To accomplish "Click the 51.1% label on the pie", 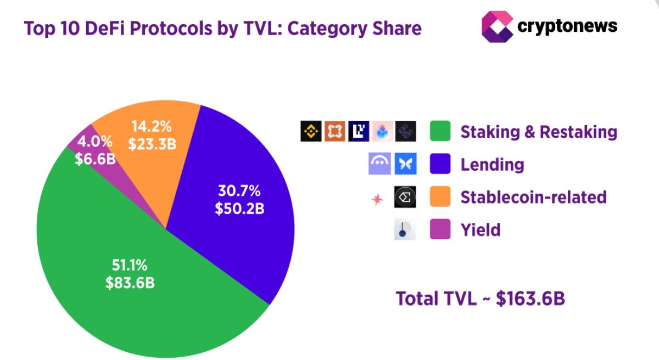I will tap(130, 266).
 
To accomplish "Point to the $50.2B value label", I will tap(240, 209).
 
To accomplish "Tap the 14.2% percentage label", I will tap(152, 126).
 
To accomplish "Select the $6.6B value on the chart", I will tap(95, 159).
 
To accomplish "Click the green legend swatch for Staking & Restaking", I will tap(440, 131).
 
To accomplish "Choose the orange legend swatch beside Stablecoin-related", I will tap(440, 196).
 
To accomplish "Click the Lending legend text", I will tap(492, 164).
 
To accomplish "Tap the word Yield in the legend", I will tap(481, 229).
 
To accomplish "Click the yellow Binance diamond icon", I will tap(311, 131).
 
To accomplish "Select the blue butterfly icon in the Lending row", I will tap(405, 164).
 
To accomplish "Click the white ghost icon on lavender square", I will tap(379, 164).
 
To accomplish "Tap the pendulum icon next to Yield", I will tap(405, 229).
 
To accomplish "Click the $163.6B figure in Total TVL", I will tap(530, 299).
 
